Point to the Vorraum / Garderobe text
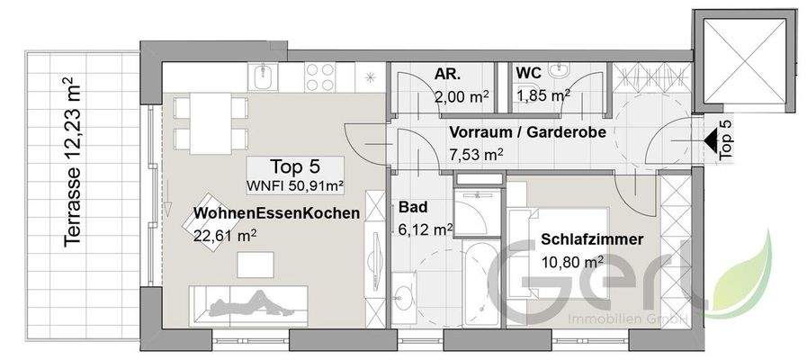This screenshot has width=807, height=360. (x=526, y=132)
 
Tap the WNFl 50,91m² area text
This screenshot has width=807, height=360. (x=294, y=185)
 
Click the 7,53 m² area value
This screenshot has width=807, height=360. (x=475, y=154)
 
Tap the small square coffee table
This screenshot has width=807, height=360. (x=256, y=264)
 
